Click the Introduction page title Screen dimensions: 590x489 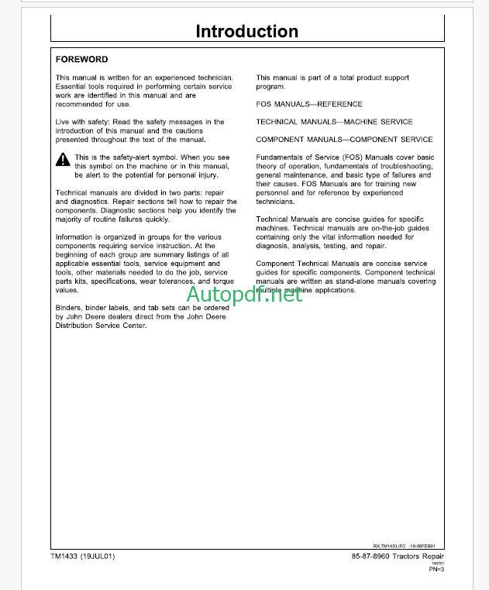tap(246, 32)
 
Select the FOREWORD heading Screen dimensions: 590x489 tap(82, 59)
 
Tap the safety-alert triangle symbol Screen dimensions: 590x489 tap(62, 160)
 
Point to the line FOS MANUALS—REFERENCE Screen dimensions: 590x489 tap(309, 104)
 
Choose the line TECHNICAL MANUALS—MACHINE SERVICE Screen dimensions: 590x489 tap(334, 122)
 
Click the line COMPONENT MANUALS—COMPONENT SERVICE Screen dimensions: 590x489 tap(344, 140)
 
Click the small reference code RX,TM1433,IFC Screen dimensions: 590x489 tap(401, 545)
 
